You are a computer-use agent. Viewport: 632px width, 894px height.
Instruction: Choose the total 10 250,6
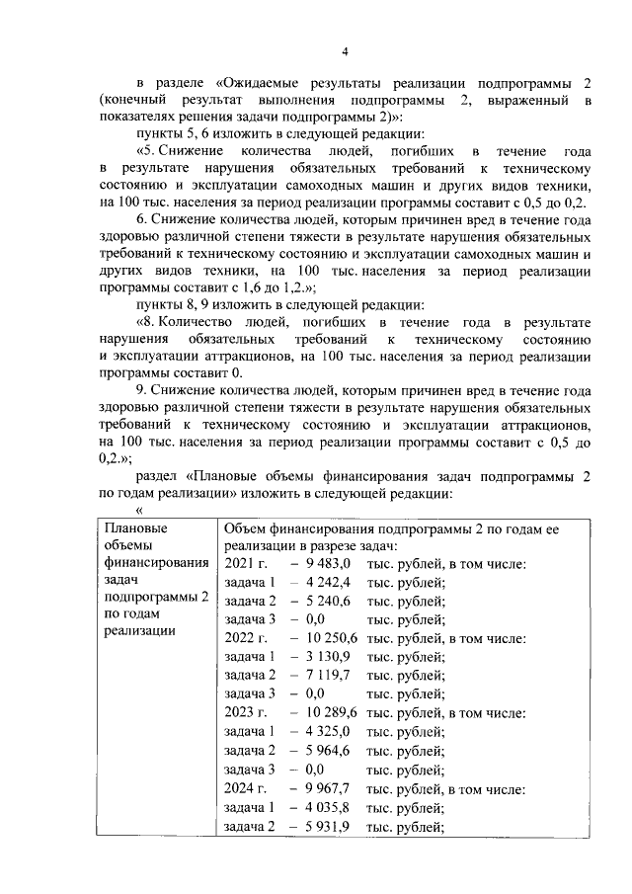(333, 638)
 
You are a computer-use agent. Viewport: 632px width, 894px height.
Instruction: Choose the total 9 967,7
(329, 788)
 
